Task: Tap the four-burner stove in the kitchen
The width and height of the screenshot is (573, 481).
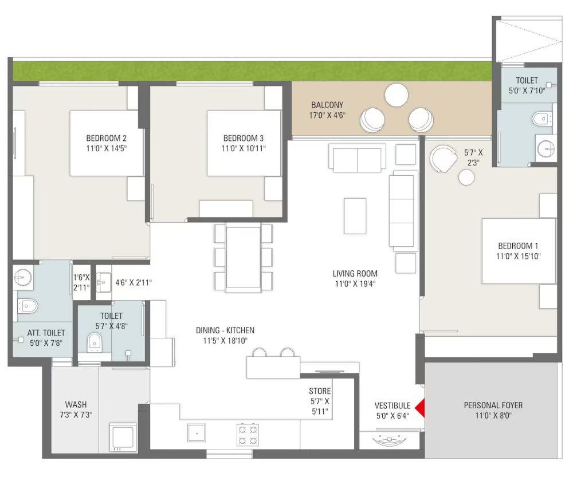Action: point(248,434)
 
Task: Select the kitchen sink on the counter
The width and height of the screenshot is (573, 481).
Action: point(197,433)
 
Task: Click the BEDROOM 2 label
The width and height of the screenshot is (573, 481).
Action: point(107,138)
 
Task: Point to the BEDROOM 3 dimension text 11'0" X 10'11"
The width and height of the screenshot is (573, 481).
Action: point(244,148)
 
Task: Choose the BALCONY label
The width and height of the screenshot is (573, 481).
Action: point(327,105)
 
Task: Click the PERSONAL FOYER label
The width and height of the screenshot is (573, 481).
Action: point(493,405)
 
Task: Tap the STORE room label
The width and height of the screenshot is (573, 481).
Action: point(320,391)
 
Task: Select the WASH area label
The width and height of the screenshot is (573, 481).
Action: point(76,404)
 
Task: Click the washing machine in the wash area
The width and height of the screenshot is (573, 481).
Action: point(123,436)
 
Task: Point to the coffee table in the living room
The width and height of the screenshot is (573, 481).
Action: point(355,216)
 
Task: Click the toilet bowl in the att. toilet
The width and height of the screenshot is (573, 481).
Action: point(28,306)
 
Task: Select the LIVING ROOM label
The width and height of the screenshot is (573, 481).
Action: point(355,273)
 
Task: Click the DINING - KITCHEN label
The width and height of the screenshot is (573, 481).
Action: point(225,330)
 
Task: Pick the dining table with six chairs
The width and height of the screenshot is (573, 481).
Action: point(244,257)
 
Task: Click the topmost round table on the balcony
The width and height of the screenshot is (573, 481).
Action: point(397,95)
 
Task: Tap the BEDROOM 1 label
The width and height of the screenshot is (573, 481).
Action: point(518,246)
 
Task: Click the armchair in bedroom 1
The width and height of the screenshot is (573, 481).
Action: point(443,159)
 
